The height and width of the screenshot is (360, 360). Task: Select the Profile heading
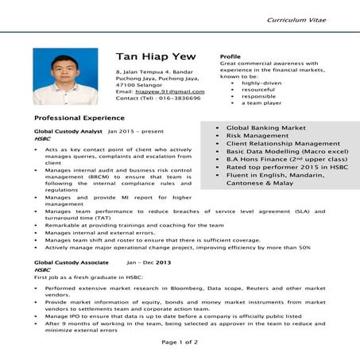tap(230, 56)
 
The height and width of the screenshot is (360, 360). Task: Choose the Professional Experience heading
tap(75, 117)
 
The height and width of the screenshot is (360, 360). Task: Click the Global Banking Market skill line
tap(266, 127)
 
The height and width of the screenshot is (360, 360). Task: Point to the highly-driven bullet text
tap(261, 83)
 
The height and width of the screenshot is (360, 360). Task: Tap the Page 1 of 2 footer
tap(180, 342)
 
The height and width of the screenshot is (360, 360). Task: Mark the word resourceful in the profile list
tap(259, 89)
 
